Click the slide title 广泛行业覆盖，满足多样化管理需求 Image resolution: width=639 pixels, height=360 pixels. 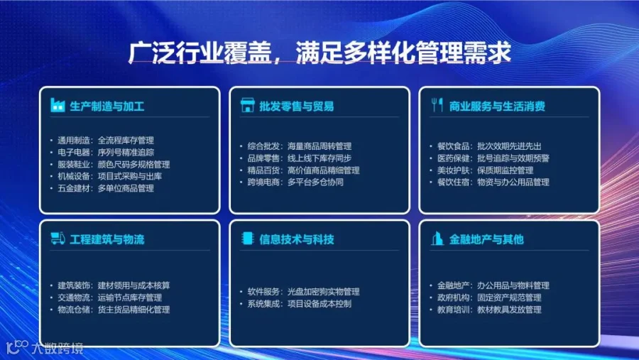click(x=319, y=53)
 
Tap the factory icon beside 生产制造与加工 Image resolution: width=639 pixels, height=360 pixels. click(x=58, y=105)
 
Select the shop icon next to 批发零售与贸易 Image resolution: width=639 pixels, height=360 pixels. click(x=247, y=105)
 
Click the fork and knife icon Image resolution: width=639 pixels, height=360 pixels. click(x=437, y=105)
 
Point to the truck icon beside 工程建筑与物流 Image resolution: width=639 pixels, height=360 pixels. click(x=58, y=238)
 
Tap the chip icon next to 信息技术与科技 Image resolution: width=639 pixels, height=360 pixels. click(x=247, y=238)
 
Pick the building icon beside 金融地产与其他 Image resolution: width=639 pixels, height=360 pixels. click(x=437, y=239)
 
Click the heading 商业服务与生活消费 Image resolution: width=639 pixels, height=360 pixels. click(x=497, y=107)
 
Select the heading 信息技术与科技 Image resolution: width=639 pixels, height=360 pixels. click(x=297, y=239)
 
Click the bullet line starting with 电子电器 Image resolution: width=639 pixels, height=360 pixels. click(x=106, y=153)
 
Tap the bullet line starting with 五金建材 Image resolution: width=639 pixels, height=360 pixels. click(x=106, y=188)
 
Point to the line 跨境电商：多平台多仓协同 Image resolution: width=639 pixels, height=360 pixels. click(x=295, y=182)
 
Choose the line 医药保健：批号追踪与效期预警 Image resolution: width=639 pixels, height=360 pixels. click(x=493, y=158)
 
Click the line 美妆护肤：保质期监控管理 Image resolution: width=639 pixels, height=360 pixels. click(x=485, y=170)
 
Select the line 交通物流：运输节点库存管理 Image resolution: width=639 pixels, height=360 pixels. click(x=109, y=298)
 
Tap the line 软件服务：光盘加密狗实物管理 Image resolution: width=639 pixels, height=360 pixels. click(x=303, y=292)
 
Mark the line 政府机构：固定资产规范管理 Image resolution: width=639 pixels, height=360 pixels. click(x=489, y=298)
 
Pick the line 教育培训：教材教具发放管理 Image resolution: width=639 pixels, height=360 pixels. click(x=489, y=310)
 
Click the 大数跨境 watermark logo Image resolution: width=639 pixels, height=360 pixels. click(x=45, y=347)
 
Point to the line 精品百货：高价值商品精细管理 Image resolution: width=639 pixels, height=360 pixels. click(x=303, y=170)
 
